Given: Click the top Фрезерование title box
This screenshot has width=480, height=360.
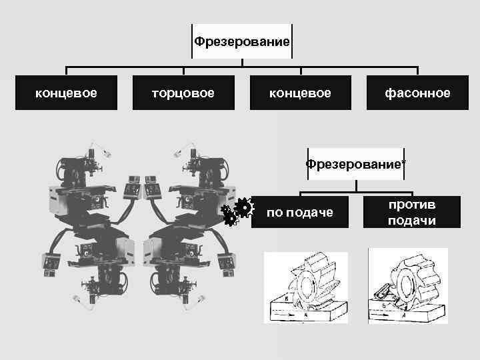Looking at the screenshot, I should click(x=242, y=42).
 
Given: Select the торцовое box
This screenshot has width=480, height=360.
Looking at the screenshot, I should click(x=183, y=93).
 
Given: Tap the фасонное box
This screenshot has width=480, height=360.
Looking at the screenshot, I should click(x=417, y=93).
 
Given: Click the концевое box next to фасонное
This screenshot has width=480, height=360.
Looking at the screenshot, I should click(x=300, y=93).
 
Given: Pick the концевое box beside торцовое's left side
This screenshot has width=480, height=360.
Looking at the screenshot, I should click(x=66, y=93).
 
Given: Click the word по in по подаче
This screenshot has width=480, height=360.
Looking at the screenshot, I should click(x=274, y=212).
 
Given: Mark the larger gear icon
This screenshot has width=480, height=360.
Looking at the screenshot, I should click(x=244, y=207).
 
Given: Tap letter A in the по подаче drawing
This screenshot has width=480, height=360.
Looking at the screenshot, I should click(x=305, y=315).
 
